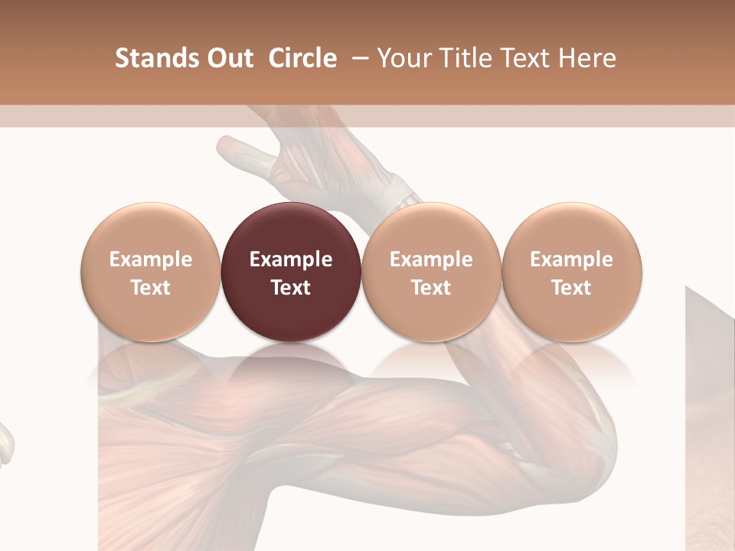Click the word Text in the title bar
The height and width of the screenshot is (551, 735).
click(x=524, y=58)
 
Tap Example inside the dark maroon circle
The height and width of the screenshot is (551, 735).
click(x=291, y=259)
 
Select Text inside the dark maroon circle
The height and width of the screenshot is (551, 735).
click(x=291, y=288)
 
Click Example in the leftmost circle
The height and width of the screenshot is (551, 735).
click(x=150, y=259)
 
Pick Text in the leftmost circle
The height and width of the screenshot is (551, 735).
click(x=150, y=288)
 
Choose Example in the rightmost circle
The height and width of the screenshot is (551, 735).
click(x=571, y=259)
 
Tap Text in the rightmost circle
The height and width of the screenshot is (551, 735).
click(x=571, y=288)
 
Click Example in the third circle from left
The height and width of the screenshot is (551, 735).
click(x=431, y=259)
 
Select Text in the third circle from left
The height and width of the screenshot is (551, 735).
click(x=431, y=288)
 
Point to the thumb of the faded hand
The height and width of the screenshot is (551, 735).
click(x=237, y=148)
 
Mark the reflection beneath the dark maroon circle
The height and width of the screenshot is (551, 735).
click(x=291, y=364)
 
